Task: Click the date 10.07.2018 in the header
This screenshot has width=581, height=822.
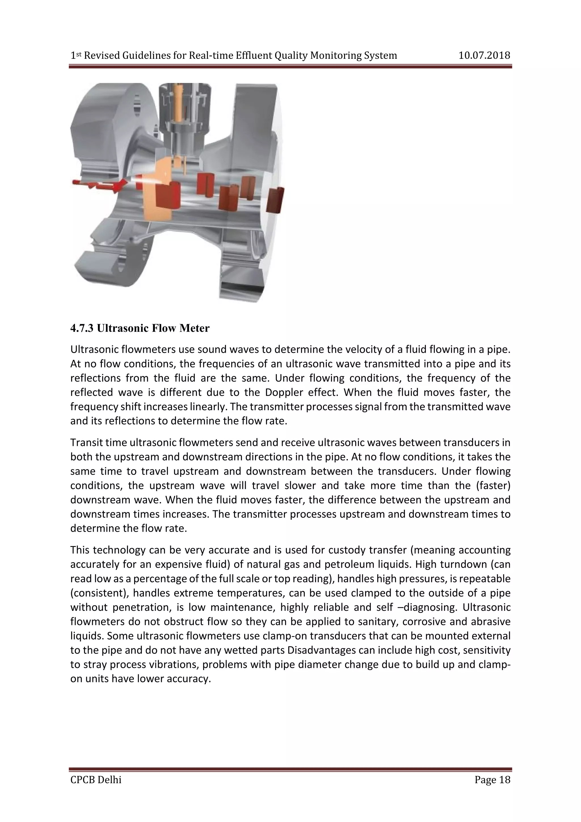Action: (484, 56)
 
